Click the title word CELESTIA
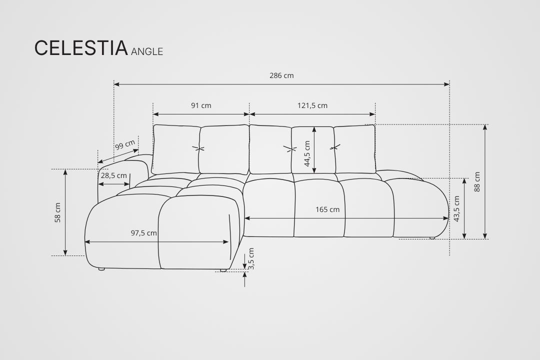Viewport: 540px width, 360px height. [x=81, y=48]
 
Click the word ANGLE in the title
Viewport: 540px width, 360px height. [x=147, y=51]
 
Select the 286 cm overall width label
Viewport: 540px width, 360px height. [x=281, y=75]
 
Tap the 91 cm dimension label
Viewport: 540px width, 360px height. [x=201, y=105]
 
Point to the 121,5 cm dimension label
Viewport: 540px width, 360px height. [x=312, y=105]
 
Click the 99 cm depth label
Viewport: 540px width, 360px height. [x=125, y=144]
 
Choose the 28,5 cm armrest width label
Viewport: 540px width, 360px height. [x=114, y=175]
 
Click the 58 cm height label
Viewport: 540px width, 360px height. [x=57, y=212]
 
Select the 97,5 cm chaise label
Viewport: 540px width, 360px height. [x=144, y=233]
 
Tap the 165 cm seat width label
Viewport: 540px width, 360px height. [x=327, y=209]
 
